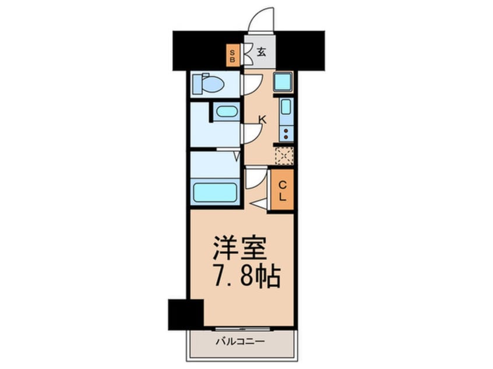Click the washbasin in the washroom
pyautogui.click(x=226, y=112)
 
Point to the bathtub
pyautogui.click(x=215, y=191)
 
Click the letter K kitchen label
pyautogui.click(x=262, y=120)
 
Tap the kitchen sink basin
pyautogui.click(x=286, y=107)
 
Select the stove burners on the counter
pyautogui.click(x=286, y=133)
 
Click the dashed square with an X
pyautogui.click(x=284, y=155)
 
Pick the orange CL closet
pyautogui.click(x=282, y=190)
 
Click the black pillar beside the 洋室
pyautogui.click(x=185, y=314)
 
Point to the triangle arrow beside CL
pyautogui.click(x=260, y=203)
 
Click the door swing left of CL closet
pyautogui.click(x=255, y=177)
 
